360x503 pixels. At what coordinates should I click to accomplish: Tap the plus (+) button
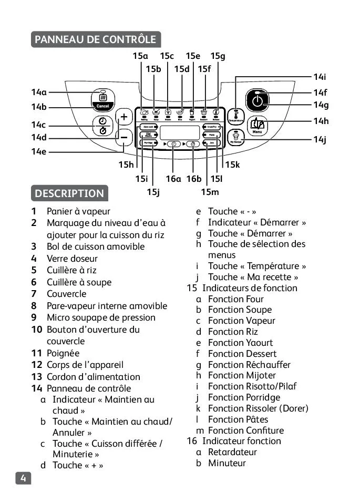pos(124,117)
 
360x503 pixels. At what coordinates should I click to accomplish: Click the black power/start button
pos(257,100)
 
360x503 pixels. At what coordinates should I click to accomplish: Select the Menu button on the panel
pos(257,126)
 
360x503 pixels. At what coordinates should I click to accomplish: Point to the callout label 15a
pos(140,56)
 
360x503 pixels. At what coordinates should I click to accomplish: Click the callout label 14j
pos(320,139)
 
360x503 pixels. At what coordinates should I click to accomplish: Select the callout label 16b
pos(193,179)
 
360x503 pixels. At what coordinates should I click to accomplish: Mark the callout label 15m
pos(210,192)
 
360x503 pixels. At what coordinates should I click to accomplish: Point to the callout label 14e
pos(38,152)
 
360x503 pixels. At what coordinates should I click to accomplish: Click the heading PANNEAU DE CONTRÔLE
pos(96,39)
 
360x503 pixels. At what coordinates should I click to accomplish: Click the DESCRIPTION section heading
pos(69,193)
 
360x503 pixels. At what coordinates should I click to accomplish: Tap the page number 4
pos(23,478)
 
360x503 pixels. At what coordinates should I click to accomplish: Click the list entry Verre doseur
pos(72,258)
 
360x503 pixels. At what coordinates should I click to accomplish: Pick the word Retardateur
pos(232,452)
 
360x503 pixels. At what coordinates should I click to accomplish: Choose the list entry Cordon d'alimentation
pos(93,376)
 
